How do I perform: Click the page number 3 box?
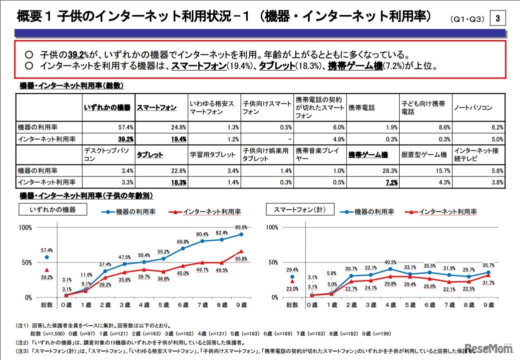pos(498,19)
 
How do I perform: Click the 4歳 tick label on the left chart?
pos(144,304)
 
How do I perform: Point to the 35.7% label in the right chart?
pos(488,265)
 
